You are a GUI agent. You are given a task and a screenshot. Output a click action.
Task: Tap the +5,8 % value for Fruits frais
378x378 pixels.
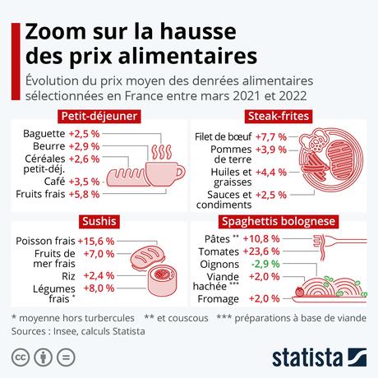pyautogui.click(x=84, y=194)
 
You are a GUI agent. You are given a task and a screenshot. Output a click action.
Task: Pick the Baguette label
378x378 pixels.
pyautogui.click(x=44, y=132)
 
